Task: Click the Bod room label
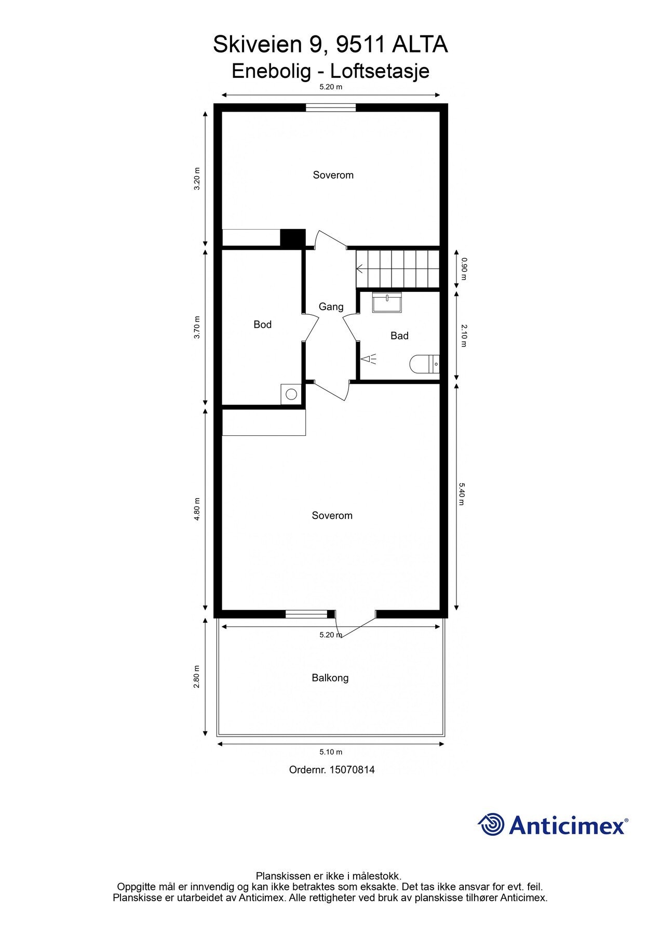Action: [262, 325]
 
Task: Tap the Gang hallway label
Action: [331, 307]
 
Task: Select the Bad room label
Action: [399, 336]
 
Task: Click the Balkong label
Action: [330, 678]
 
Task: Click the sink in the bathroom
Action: [387, 302]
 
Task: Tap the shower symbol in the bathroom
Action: [369, 358]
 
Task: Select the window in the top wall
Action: [331, 108]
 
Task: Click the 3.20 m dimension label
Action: [197, 179]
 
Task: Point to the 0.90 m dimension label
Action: [464, 269]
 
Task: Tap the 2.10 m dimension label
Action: [464, 336]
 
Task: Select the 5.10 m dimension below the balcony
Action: [331, 752]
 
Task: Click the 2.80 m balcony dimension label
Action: [197, 677]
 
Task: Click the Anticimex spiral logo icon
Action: [491, 824]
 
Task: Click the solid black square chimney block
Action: [292, 237]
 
